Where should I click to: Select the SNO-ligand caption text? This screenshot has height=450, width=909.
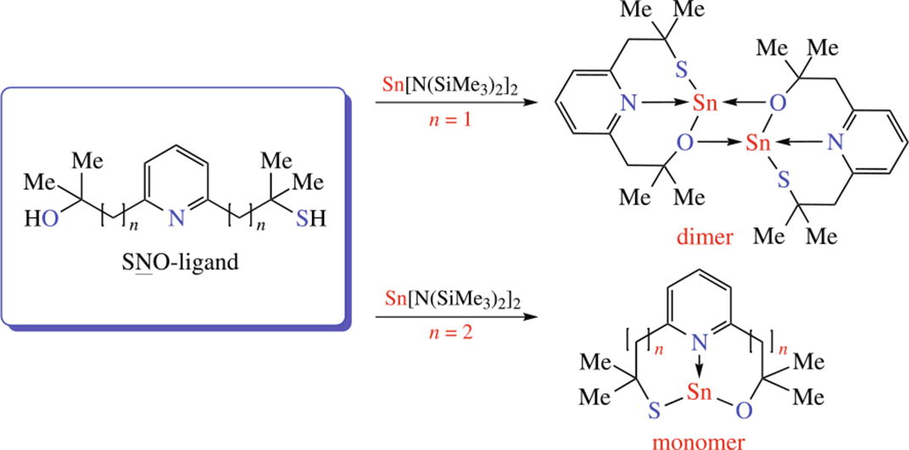coord(178,262)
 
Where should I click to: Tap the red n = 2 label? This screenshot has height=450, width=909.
coord(447,336)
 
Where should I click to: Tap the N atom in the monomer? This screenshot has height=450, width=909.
coord(698,343)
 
